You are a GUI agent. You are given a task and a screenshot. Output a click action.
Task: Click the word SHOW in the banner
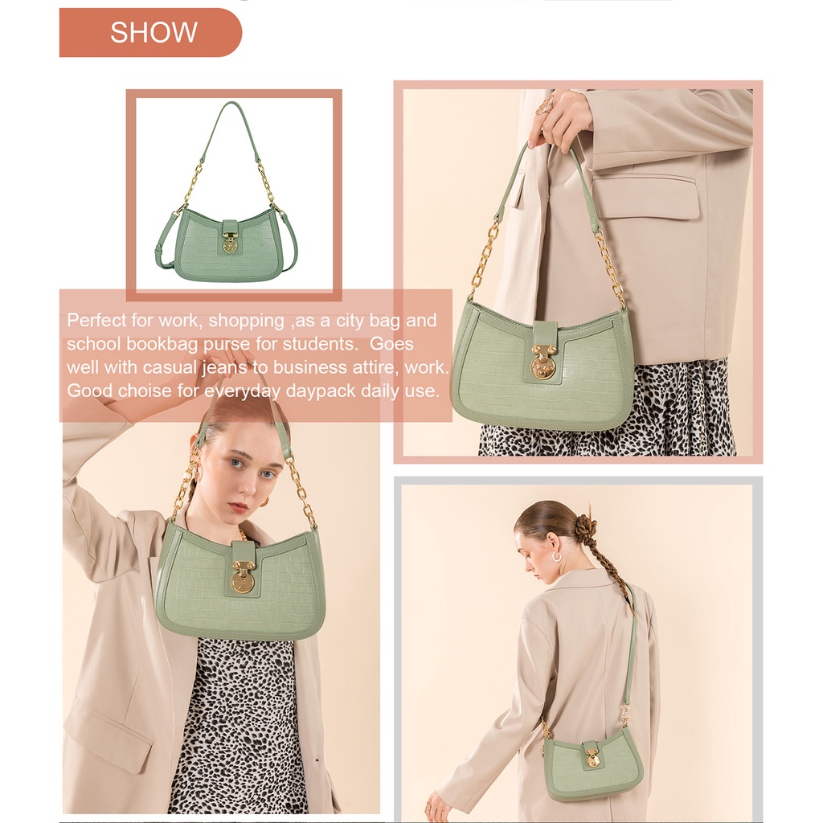click(x=154, y=32)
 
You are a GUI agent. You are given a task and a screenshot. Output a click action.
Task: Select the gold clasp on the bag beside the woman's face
click(x=242, y=577)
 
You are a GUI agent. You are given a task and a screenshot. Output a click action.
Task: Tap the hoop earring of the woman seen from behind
click(x=556, y=555)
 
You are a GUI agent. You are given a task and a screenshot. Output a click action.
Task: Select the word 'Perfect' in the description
click(x=97, y=320)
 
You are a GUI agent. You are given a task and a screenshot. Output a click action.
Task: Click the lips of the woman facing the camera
click(x=239, y=507)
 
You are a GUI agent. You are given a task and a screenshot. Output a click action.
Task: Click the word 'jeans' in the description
click(x=225, y=368)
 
